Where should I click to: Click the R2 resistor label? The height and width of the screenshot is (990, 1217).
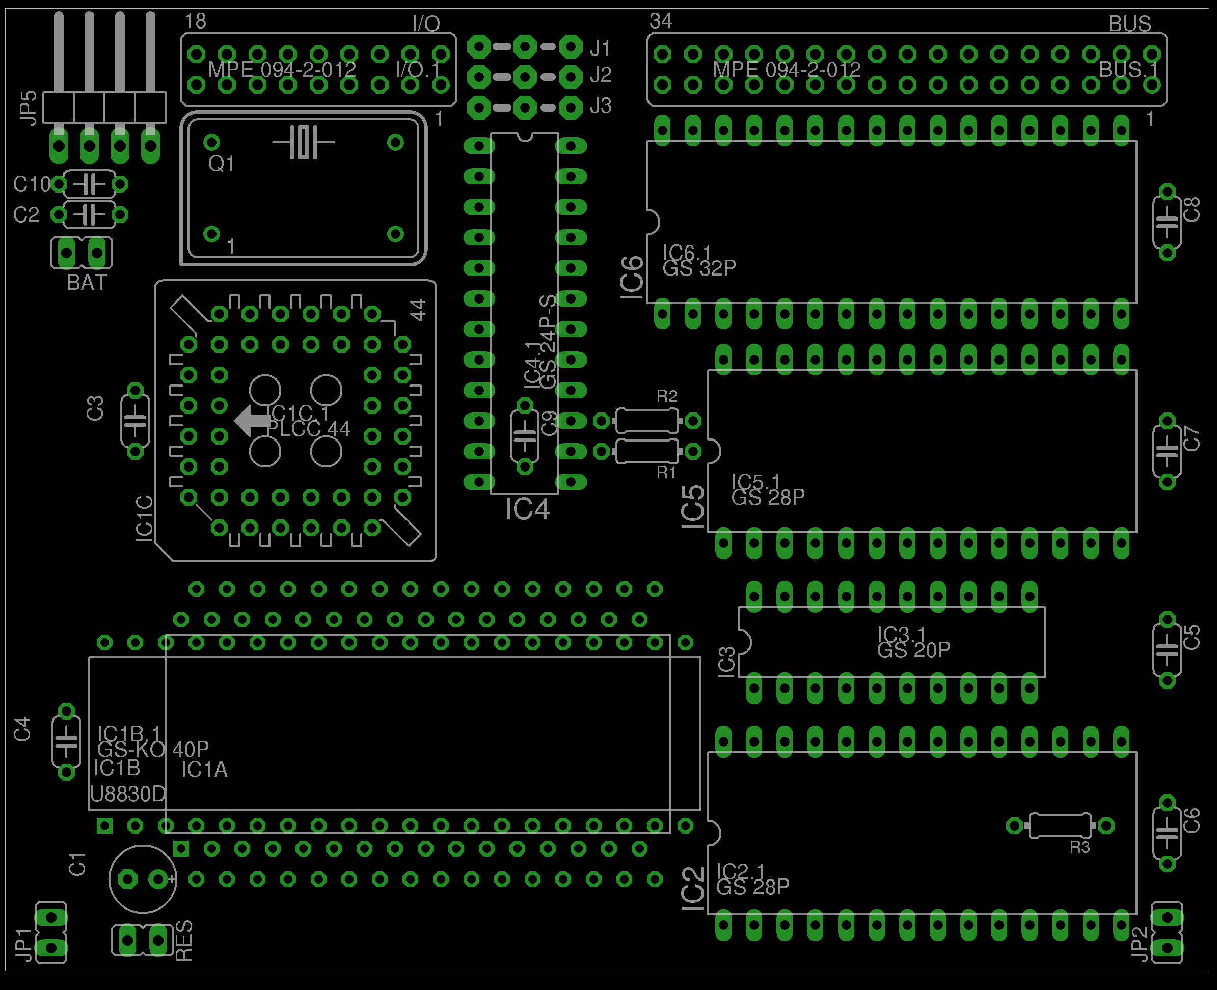(667, 396)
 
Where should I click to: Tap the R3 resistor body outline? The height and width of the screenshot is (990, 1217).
(1060, 825)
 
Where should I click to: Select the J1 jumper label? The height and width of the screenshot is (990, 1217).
(601, 48)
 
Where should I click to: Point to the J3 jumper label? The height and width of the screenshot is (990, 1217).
(601, 106)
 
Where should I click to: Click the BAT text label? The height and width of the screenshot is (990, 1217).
(87, 282)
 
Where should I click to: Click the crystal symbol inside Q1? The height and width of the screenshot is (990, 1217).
(304, 142)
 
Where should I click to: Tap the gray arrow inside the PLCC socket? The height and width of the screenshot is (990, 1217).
(251, 421)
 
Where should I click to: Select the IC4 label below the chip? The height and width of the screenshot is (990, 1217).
(528, 509)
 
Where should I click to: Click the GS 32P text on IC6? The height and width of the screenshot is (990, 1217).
(699, 268)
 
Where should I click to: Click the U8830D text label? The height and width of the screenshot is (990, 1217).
(128, 794)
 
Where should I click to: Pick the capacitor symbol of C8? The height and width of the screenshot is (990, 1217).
(1167, 222)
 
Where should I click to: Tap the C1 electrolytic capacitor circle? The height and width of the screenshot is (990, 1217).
(143, 879)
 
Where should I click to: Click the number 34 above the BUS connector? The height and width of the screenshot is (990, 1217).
(660, 21)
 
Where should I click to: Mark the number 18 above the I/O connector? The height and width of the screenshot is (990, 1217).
(195, 21)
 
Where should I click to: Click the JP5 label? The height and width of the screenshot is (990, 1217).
(28, 107)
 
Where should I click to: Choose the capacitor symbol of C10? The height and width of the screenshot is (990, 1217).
(89, 184)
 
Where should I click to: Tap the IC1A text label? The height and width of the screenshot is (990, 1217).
(204, 770)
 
